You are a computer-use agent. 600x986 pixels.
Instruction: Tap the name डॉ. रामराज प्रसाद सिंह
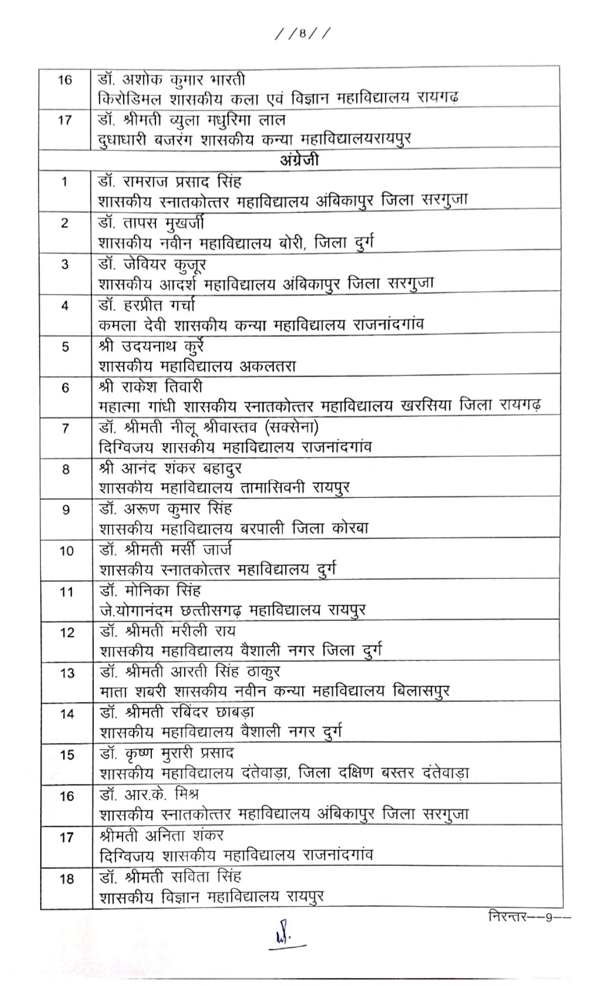(x=170, y=181)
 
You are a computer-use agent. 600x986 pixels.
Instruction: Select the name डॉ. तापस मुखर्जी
(x=151, y=223)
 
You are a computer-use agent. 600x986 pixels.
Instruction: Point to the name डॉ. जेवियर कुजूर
(x=152, y=264)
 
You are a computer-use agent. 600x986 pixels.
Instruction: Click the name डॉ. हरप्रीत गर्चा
(x=147, y=305)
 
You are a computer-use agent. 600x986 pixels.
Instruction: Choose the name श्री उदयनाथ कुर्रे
(x=151, y=347)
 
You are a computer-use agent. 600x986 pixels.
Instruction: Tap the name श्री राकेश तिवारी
(x=151, y=387)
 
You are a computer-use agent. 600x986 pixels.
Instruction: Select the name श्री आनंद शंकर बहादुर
(x=171, y=469)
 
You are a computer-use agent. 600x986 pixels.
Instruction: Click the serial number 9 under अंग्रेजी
(x=66, y=510)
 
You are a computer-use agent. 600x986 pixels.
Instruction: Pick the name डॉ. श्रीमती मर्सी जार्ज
(x=166, y=550)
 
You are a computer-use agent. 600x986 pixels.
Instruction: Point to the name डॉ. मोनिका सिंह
(x=150, y=591)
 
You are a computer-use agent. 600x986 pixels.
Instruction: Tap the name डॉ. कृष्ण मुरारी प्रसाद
(x=167, y=754)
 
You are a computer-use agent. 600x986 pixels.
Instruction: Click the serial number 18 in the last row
(x=67, y=879)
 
